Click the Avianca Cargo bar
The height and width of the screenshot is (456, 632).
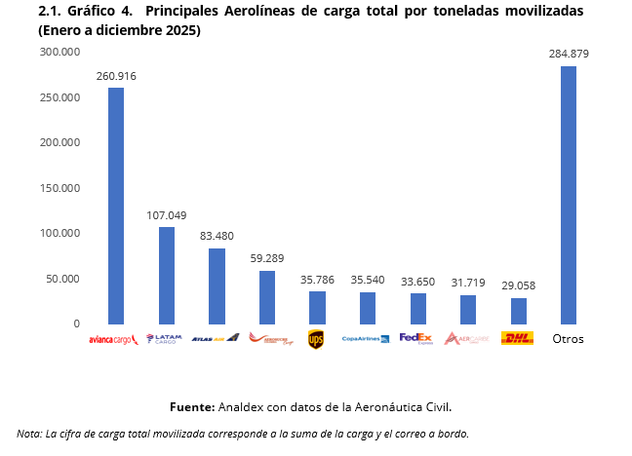116,206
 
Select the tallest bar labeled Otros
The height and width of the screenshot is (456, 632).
569,195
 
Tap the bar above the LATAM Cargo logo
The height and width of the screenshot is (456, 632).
167,275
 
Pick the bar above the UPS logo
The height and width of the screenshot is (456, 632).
317,307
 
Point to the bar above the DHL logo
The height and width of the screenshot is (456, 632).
519,310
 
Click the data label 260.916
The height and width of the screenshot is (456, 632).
116,76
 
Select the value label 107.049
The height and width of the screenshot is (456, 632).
167,215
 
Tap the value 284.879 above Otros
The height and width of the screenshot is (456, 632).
569,54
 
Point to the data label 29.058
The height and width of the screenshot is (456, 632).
519,285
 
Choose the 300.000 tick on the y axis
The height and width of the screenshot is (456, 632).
59,52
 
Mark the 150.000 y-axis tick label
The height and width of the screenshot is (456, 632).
59,142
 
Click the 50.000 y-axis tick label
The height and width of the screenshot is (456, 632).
62,279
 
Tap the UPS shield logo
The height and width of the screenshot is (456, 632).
316,339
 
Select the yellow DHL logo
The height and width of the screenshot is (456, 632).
517,339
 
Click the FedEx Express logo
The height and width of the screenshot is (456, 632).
416,339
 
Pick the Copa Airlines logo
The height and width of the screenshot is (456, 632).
366,339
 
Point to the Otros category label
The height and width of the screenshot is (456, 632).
569,339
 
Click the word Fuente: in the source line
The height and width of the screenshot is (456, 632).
191,405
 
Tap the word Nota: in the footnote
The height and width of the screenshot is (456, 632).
29,434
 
